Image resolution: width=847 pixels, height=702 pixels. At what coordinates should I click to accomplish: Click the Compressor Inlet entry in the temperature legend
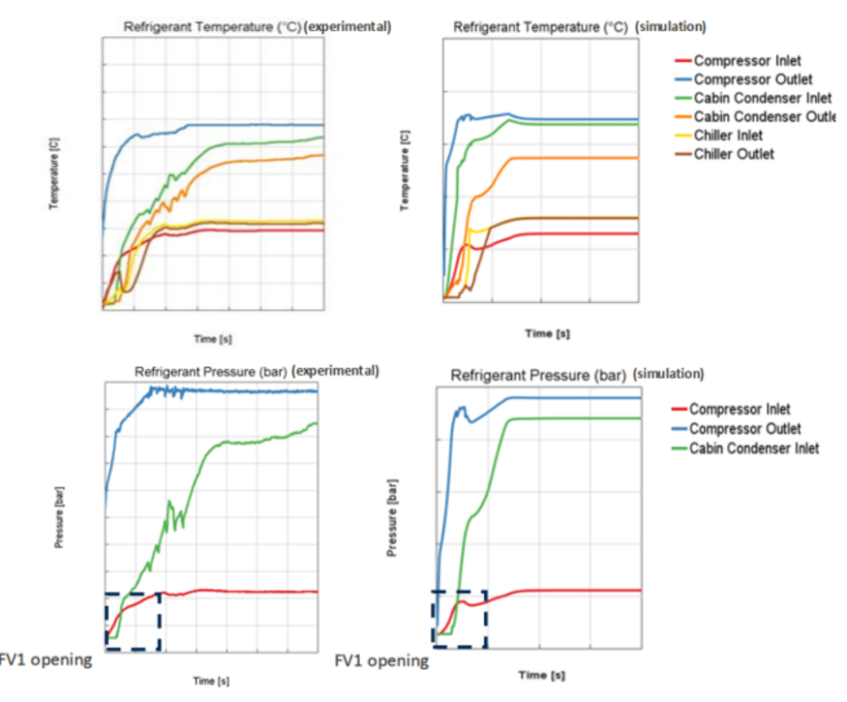point(747,60)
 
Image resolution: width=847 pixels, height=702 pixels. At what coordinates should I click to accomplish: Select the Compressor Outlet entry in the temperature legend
point(753,79)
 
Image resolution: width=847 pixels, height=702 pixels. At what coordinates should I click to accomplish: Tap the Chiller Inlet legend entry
point(729,136)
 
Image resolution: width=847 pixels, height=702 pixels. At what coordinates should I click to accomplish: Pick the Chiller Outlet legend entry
point(734,154)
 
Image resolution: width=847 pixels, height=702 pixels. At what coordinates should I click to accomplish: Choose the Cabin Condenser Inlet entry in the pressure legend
point(754,448)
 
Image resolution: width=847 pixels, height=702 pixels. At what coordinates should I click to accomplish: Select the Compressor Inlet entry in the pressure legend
point(740,409)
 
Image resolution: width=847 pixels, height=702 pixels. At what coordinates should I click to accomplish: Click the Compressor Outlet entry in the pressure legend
point(745,428)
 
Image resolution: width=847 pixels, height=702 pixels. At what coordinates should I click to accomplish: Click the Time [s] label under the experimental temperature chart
point(213,339)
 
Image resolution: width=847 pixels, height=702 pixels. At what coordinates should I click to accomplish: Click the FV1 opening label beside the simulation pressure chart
point(382,660)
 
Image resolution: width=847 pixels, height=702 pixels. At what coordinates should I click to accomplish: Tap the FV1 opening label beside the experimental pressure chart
point(45,660)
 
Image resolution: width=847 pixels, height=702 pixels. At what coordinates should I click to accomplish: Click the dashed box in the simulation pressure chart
point(460,619)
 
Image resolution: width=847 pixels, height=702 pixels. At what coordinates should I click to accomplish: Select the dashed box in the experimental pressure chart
point(133,621)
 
